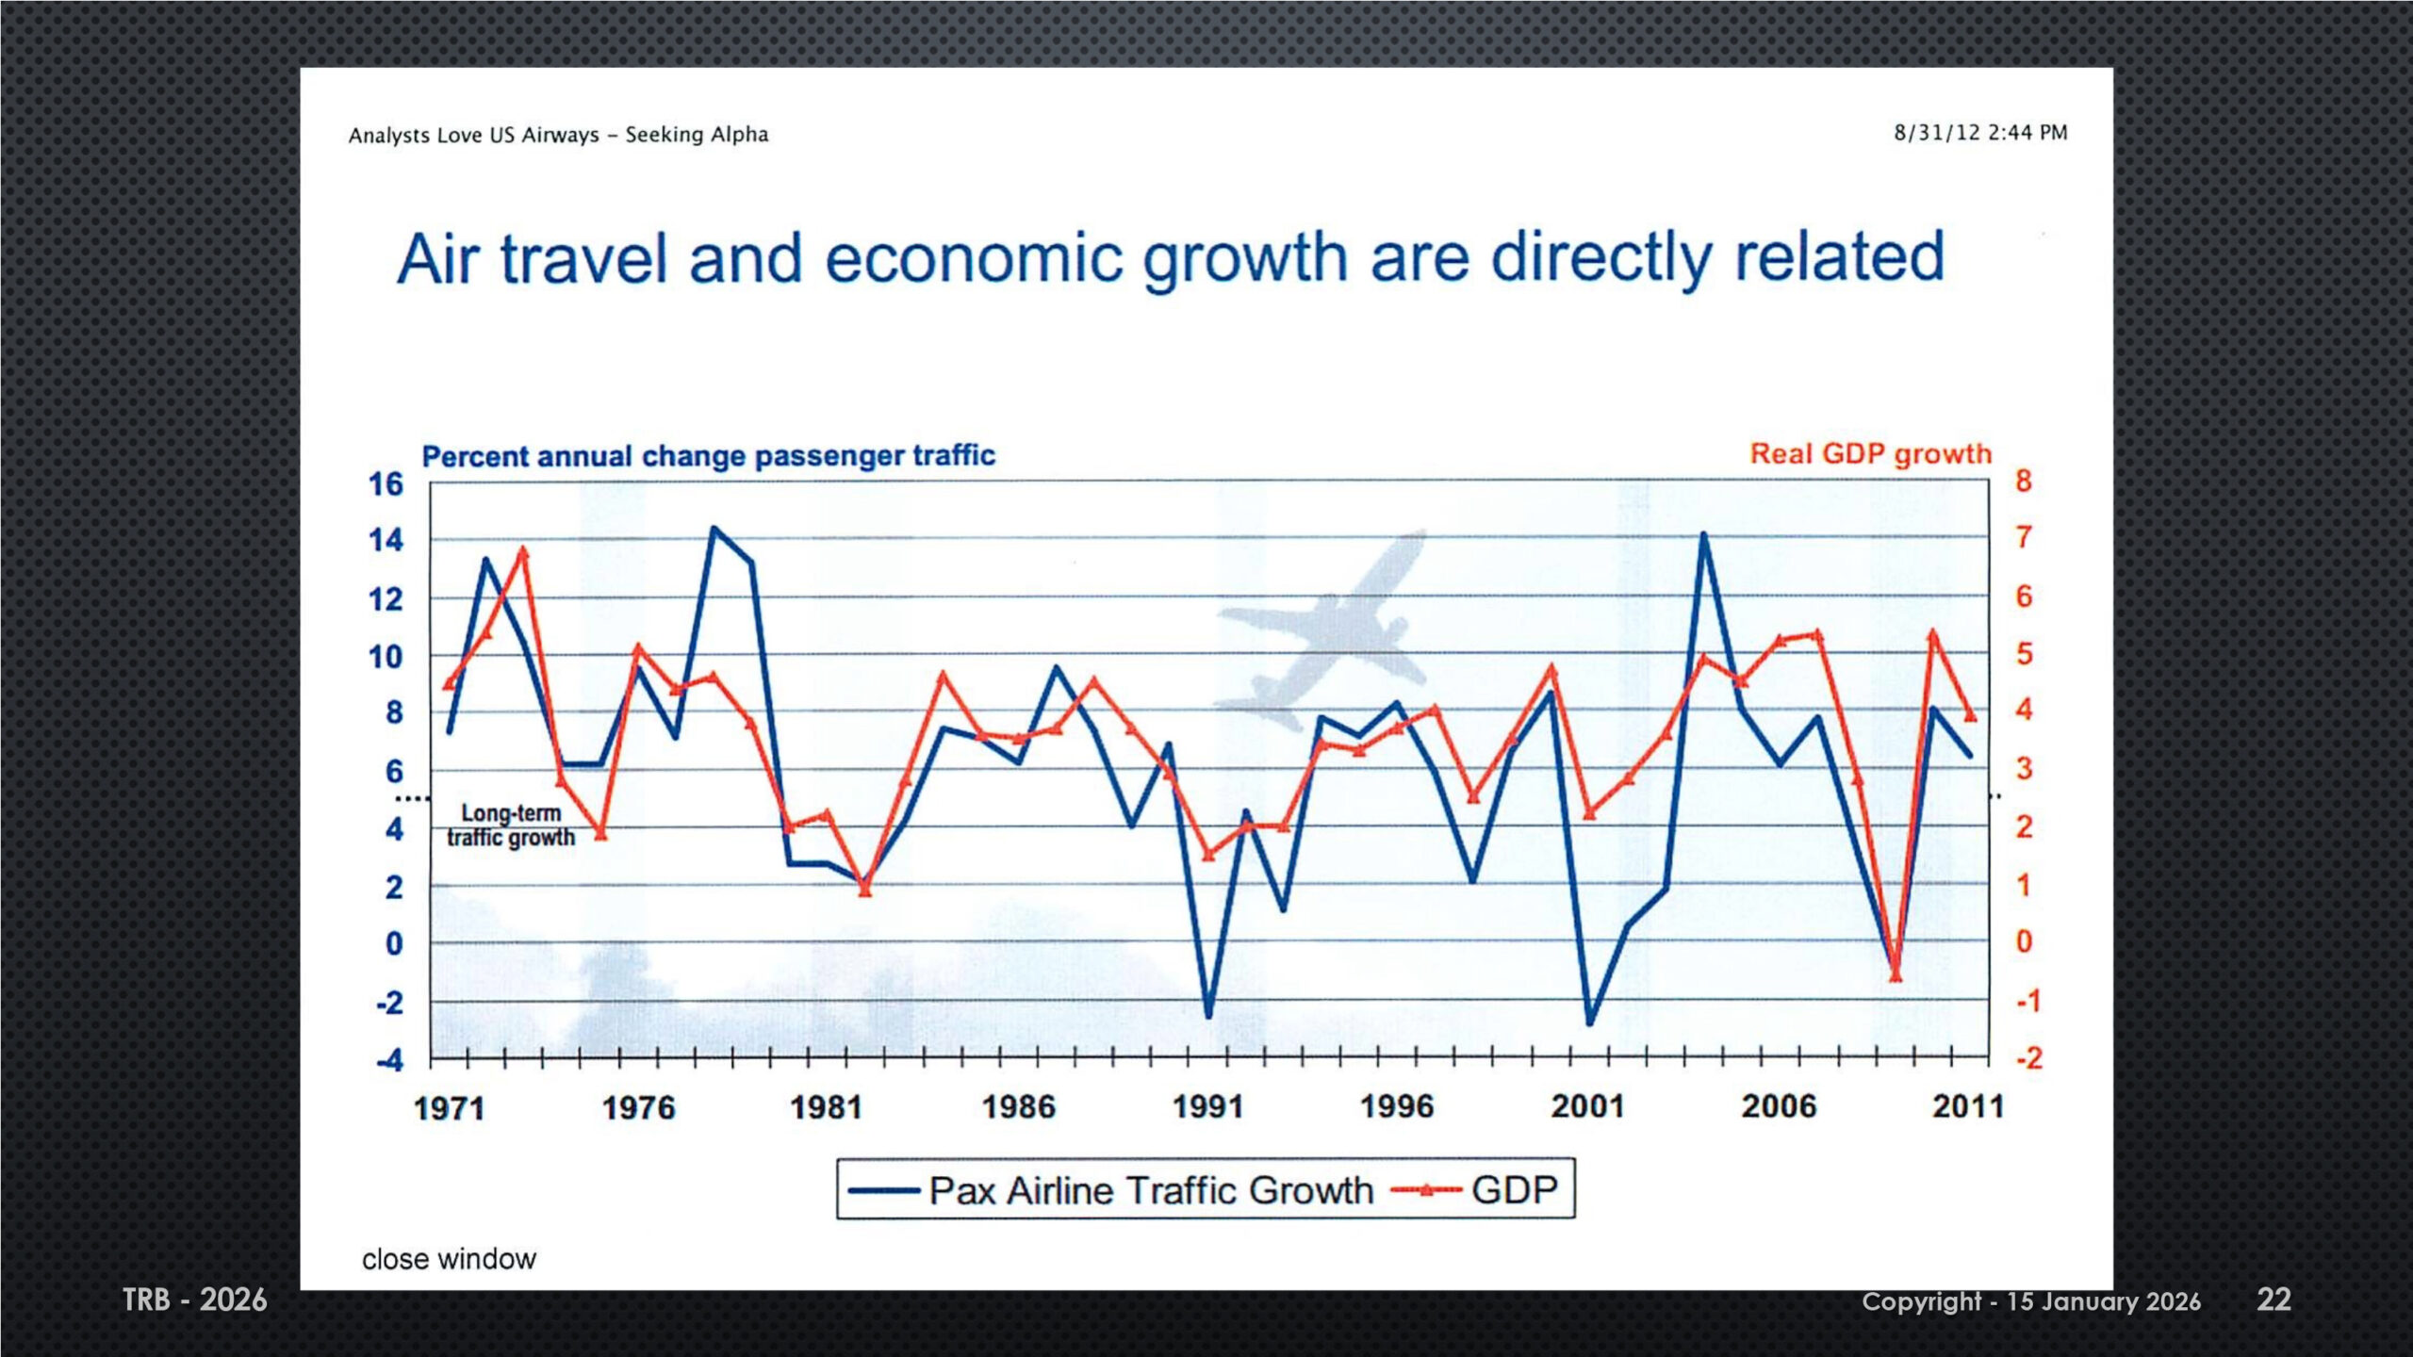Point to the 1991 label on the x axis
pyautogui.click(x=1207, y=1106)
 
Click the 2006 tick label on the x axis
pyautogui.click(x=1778, y=1106)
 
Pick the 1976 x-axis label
pyautogui.click(x=638, y=1107)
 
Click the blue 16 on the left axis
pyautogui.click(x=385, y=484)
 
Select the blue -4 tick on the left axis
pyautogui.click(x=389, y=1060)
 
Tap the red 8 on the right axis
pyautogui.click(x=2024, y=482)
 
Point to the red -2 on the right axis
pyautogui.click(x=2028, y=1058)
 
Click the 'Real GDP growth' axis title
pyautogui.click(x=1870, y=454)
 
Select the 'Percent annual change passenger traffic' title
pyautogui.click(x=708, y=456)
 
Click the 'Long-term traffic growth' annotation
pyautogui.click(x=511, y=826)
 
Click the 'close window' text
pyautogui.click(x=449, y=1259)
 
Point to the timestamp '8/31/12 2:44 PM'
pyautogui.click(x=1980, y=133)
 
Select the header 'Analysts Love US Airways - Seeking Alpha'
pyautogui.click(x=558, y=135)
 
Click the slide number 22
pyautogui.click(x=2273, y=1300)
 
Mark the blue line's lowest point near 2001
pyautogui.click(x=1590, y=1022)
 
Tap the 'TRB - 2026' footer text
pyautogui.click(x=195, y=1300)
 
